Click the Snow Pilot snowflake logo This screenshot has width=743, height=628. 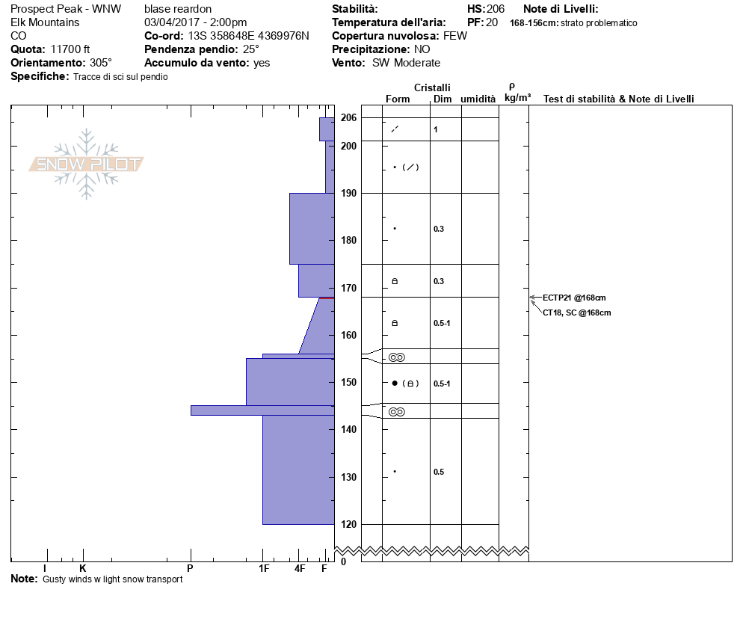click(86, 164)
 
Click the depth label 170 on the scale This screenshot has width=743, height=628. click(349, 288)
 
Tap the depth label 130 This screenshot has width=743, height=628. click(349, 477)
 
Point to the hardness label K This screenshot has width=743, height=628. click(82, 568)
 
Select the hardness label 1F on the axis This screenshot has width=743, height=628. click(264, 568)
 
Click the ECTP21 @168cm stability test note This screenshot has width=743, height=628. click(574, 298)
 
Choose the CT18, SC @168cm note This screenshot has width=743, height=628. click(576, 313)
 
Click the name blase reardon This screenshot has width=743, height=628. click(178, 9)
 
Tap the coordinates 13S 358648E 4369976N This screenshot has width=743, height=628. click(248, 36)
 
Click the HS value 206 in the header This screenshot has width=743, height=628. click(496, 9)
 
